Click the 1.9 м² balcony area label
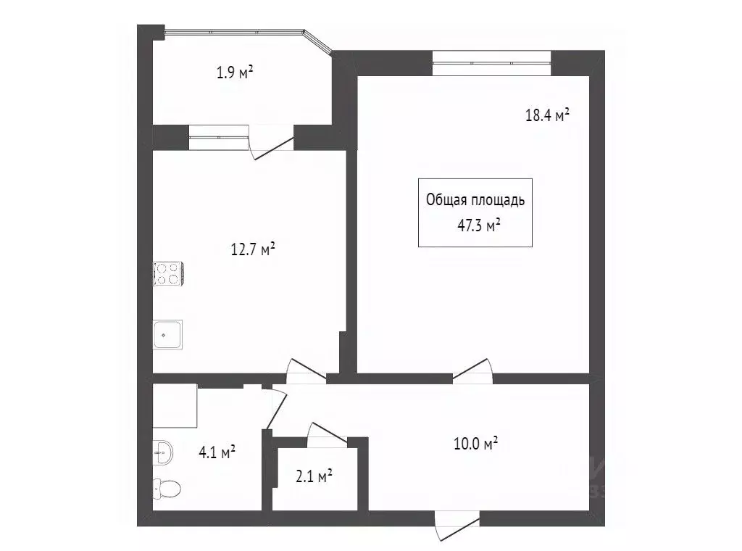click(x=235, y=72)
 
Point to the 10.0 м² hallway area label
click(x=475, y=443)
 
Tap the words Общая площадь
click(x=475, y=201)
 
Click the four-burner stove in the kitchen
click(x=167, y=273)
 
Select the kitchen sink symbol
click(x=167, y=335)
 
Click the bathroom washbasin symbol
click(x=162, y=454)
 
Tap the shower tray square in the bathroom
click(x=175, y=406)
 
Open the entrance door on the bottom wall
click(x=457, y=523)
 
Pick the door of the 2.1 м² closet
click(x=327, y=432)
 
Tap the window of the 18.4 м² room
click(x=492, y=63)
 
